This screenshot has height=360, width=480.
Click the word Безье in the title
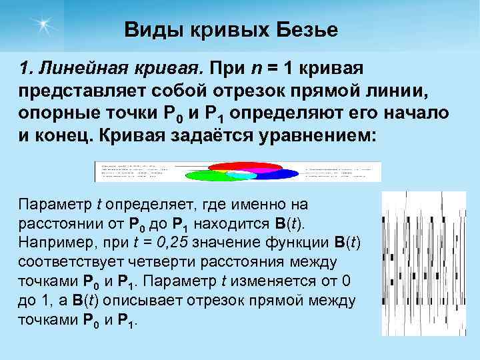point(307,30)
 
